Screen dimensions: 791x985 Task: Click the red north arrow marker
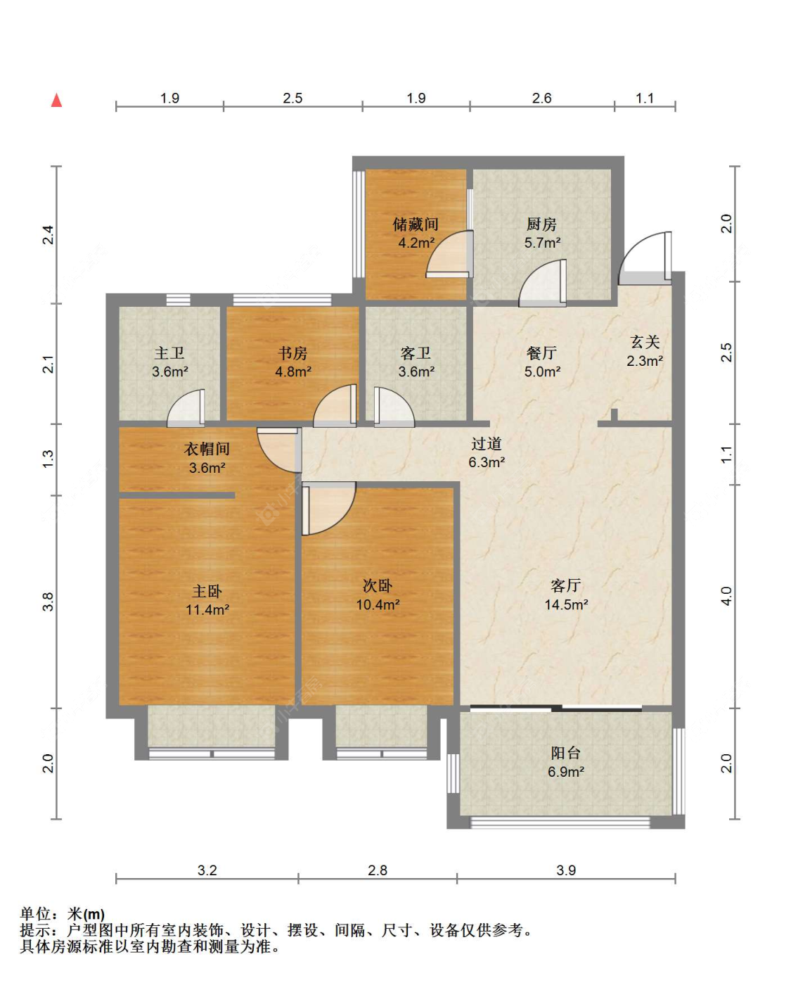56,100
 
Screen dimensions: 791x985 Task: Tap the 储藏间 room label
416,224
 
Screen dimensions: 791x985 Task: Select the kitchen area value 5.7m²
542,243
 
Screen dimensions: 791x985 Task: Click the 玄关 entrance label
645,342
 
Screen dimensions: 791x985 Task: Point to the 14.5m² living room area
566,604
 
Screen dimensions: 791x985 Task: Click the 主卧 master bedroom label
207,592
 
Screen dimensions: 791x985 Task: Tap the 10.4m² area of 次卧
378,604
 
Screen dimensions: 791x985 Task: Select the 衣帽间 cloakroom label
207,449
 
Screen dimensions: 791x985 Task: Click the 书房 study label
292,353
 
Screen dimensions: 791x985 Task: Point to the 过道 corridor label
487,443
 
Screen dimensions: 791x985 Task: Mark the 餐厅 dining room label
541,353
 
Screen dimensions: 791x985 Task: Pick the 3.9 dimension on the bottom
566,870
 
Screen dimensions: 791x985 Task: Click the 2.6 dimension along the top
541,98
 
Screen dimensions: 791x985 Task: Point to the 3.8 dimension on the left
48,602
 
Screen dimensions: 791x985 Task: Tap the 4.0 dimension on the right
726,596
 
